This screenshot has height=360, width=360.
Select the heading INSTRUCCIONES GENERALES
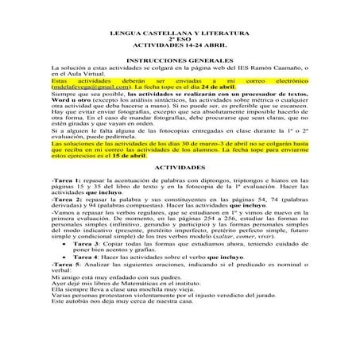[x=179, y=60]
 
